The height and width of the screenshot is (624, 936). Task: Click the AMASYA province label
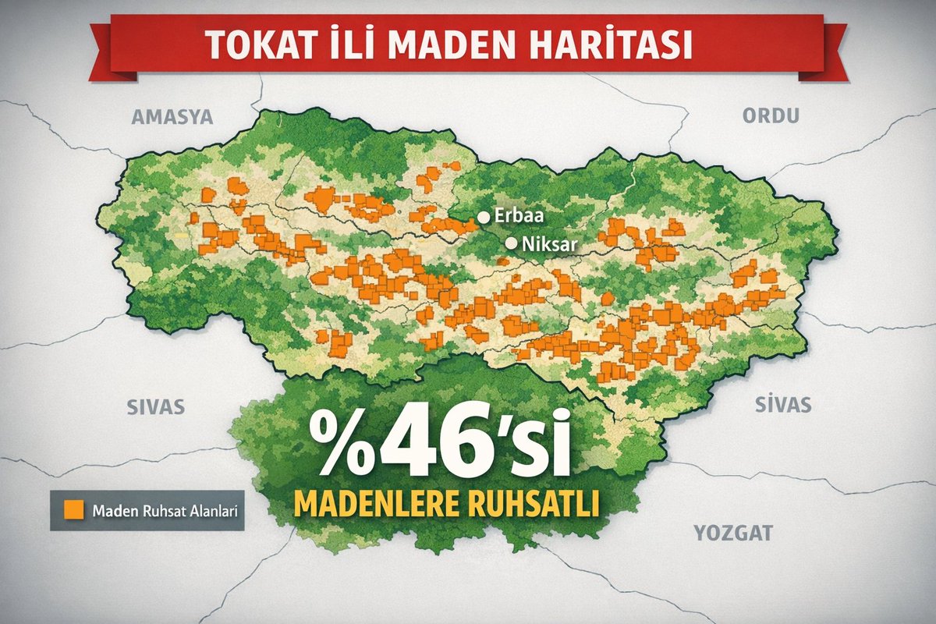click(x=172, y=118)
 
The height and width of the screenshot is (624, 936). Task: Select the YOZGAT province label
click(x=732, y=534)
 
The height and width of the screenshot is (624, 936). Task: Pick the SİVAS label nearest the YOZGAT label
click(x=783, y=405)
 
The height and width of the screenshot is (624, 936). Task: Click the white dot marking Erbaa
click(x=484, y=217)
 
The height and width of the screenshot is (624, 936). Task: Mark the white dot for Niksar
click(x=511, y=243)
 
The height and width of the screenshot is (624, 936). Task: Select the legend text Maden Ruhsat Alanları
click(x=164, y=512)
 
